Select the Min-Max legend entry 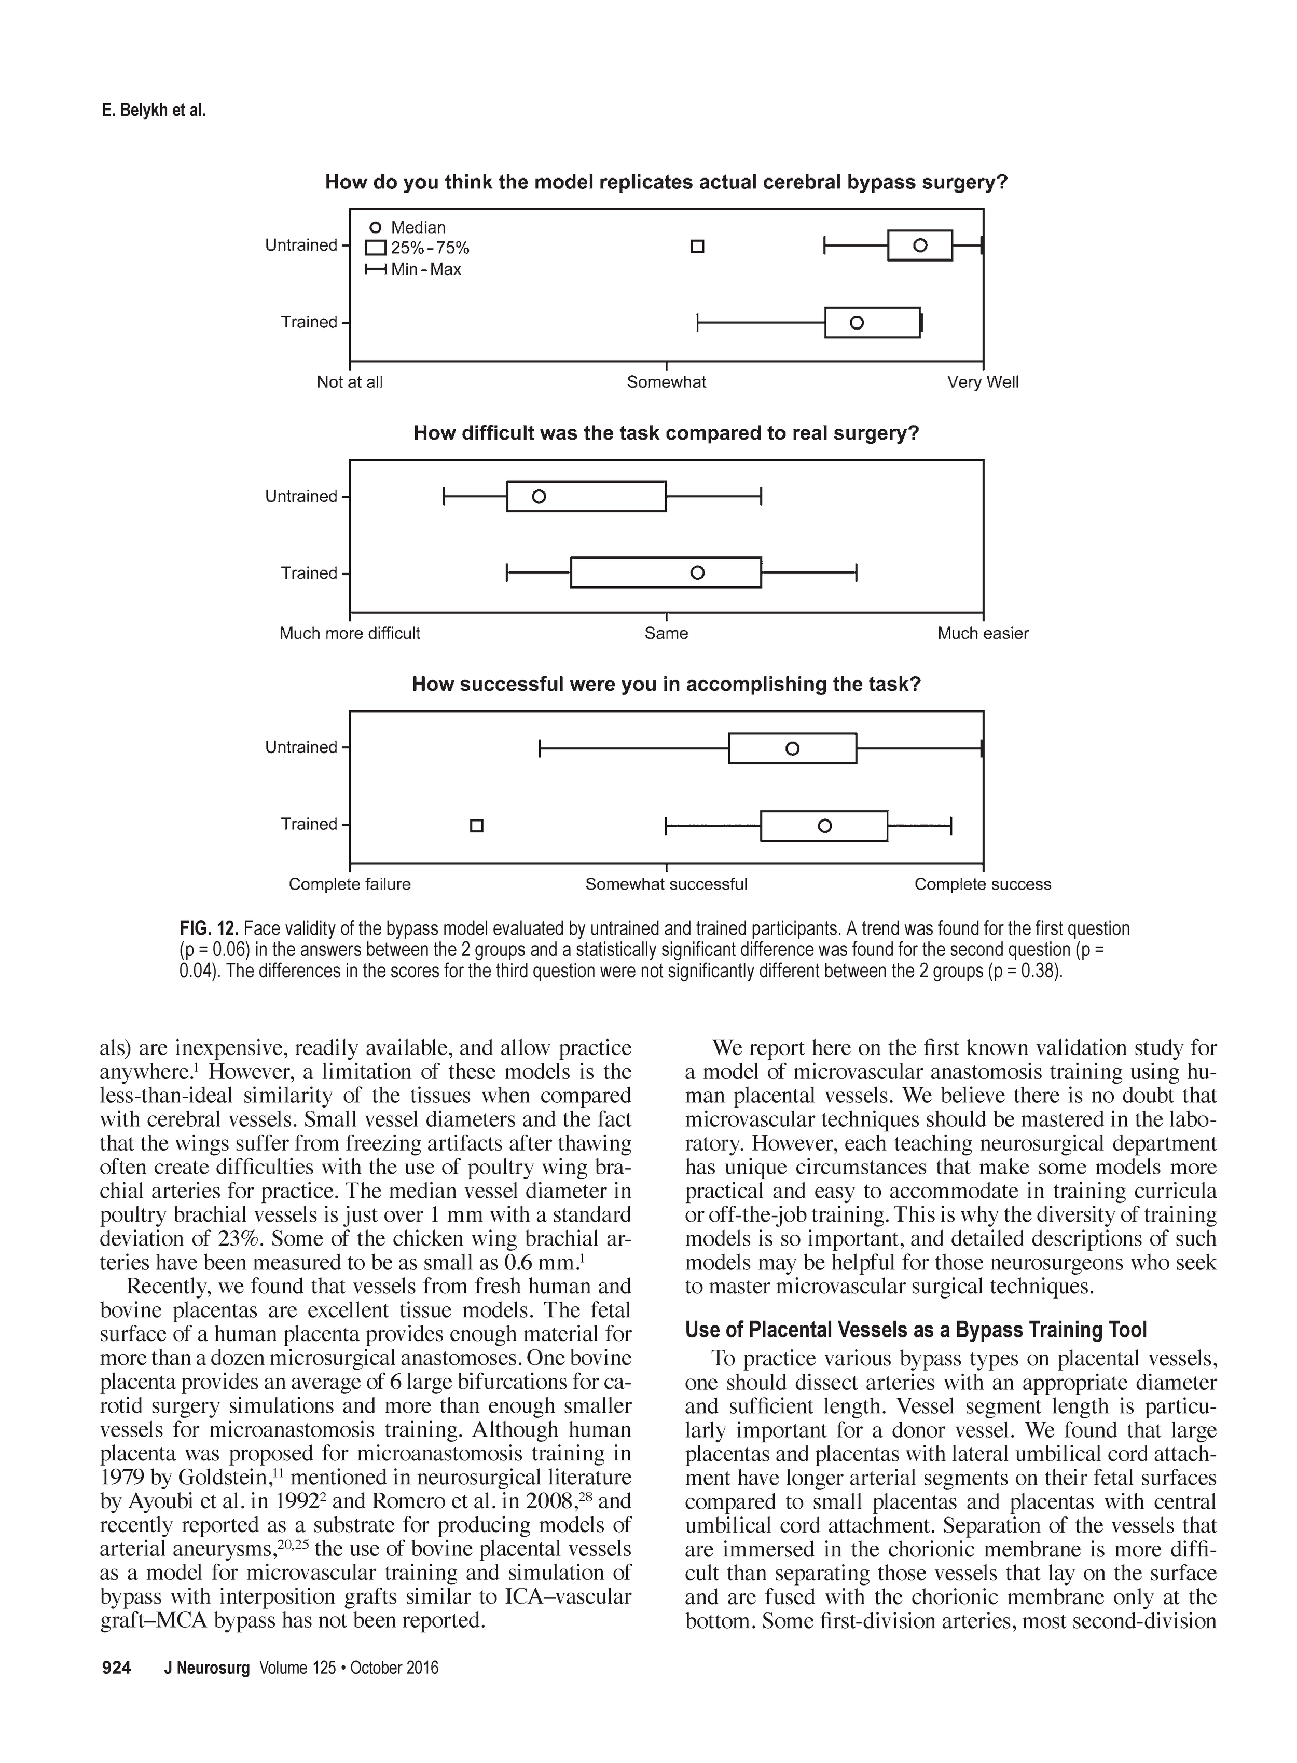(x=414, y=269)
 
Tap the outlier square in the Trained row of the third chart (x=477, y=826)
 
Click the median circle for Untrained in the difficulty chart (x=539, y=496)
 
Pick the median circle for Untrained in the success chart (x=792, y=748)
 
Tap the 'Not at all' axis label (x=349, y=382)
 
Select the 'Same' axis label (x=666, y=634)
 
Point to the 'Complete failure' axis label (x=349, y=884)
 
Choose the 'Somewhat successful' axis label (x=666, y=884)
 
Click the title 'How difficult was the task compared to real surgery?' (x=666, y=433)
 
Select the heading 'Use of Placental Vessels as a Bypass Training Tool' (x=916, y=1330)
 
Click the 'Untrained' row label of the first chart (x=301, y=245)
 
